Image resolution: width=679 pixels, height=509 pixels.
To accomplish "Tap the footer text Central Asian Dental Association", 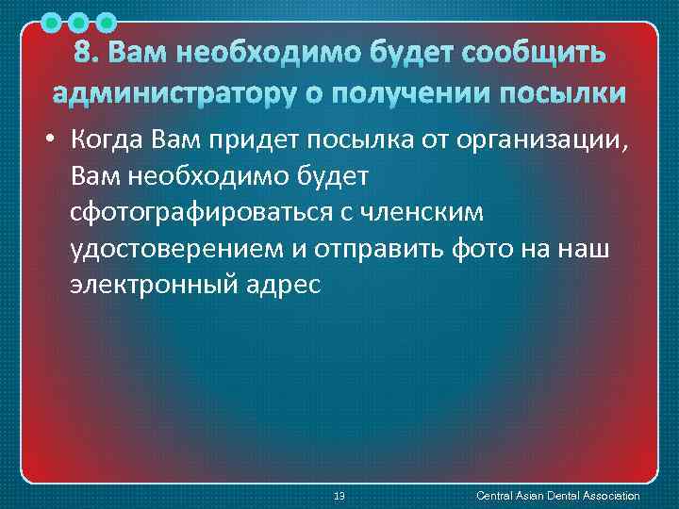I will [558, 496].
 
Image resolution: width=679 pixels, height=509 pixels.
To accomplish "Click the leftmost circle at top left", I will [54, 21].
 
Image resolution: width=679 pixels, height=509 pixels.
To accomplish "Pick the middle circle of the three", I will [80, 21].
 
